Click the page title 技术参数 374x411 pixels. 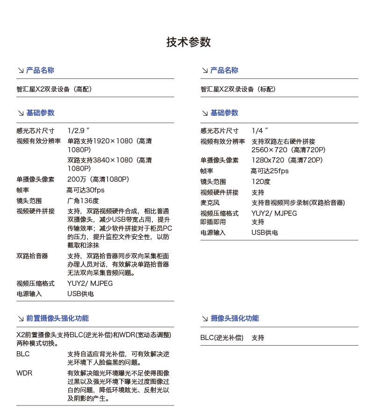click(x=188, y=43)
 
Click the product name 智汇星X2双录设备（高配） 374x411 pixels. click(x=58, y=89)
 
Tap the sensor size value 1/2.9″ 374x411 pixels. click(x=78, y=131)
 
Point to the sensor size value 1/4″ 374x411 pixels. click(x=260, y=131)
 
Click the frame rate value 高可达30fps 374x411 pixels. click(x=86, y=190)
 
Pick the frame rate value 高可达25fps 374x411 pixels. click(x=270, y=171)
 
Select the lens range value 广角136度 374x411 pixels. click(x=83, y=201)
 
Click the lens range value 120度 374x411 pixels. click(x=261, y=182)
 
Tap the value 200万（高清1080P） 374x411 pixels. click(x=98, y=179)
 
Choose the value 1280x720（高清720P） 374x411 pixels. click(x=287, y=160)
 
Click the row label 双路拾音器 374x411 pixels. click(x=32, y=256)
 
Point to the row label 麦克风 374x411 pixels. click(x=210, y=203)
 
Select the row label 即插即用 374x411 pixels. click(x=213, y=222)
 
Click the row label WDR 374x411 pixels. click(x=24, y=373)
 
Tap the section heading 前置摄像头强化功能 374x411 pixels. click(x=57, y=319)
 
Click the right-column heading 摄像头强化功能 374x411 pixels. click(x=234, y=319)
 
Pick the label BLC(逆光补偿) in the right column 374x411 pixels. click(x=222, y=338)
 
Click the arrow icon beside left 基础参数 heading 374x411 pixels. click(x=21, y=113)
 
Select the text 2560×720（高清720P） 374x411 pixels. click(x=288, y=150)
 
